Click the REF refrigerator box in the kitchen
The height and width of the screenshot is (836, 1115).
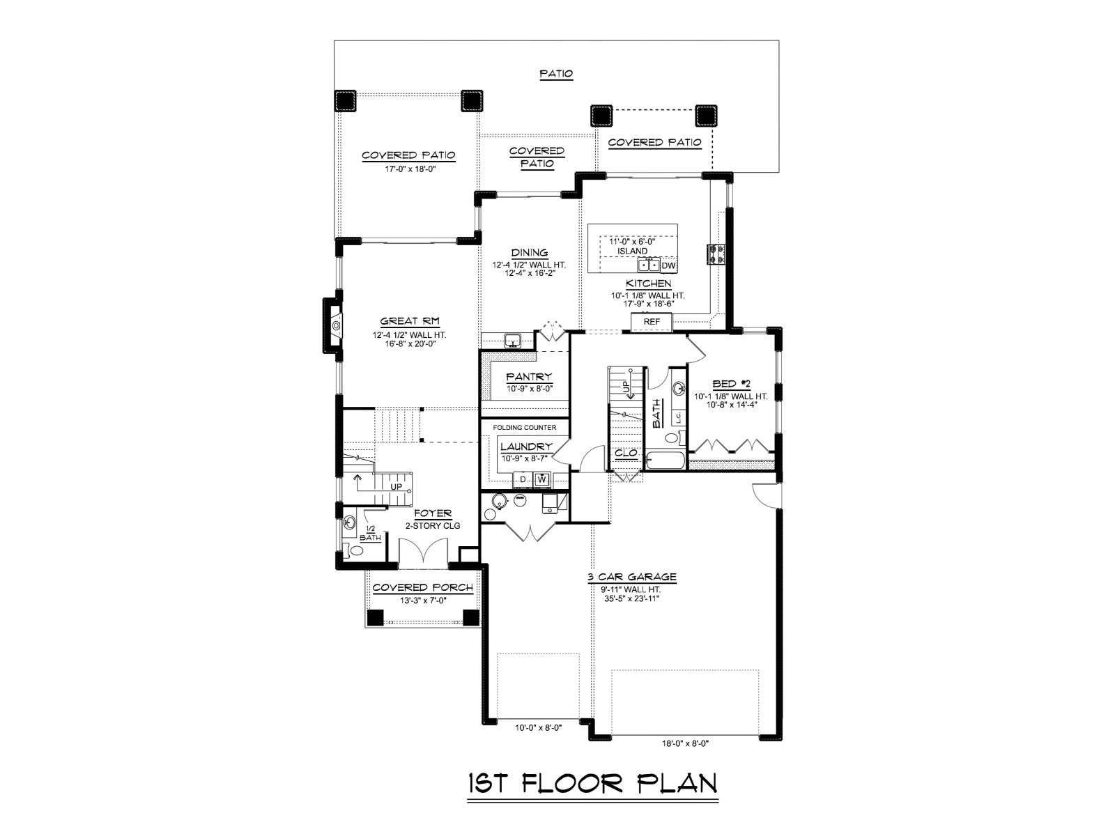point(651,322)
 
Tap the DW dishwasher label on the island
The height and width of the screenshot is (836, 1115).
point(668,265)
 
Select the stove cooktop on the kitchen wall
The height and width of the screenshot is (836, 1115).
point(716,254)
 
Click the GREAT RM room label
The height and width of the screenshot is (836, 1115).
point(410,320)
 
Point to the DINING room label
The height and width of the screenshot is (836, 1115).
point(530,252)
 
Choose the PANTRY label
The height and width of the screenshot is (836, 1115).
point(529,377)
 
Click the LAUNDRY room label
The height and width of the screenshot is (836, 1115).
point(526,447)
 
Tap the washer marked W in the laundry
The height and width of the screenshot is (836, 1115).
point(541,479)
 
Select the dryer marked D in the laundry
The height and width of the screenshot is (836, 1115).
point(522,479)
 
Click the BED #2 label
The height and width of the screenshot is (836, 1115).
point(731,385)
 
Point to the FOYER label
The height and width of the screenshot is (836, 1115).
point(432,513)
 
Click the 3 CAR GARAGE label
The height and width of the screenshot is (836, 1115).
point(631,577)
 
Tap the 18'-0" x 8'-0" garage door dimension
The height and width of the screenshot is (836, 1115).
point(685,743)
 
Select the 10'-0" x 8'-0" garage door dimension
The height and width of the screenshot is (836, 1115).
point(538,727)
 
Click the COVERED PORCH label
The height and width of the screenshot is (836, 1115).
point(422,587)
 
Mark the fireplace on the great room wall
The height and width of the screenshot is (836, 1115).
point(332,325)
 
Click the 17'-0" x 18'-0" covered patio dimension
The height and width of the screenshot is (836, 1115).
point(410,169)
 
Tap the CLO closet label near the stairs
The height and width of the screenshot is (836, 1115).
point(626,453)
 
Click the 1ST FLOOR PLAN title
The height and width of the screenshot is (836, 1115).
point(592,782)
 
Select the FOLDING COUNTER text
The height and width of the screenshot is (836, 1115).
point(524,427)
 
